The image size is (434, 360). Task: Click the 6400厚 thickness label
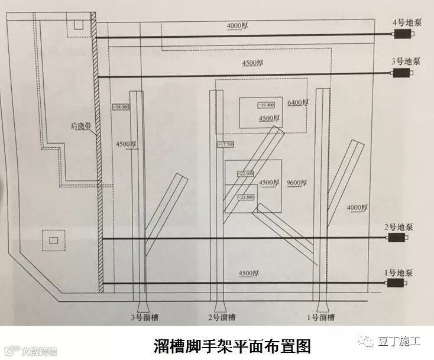coord(298,103)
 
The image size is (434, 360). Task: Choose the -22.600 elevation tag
coord(245,174)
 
